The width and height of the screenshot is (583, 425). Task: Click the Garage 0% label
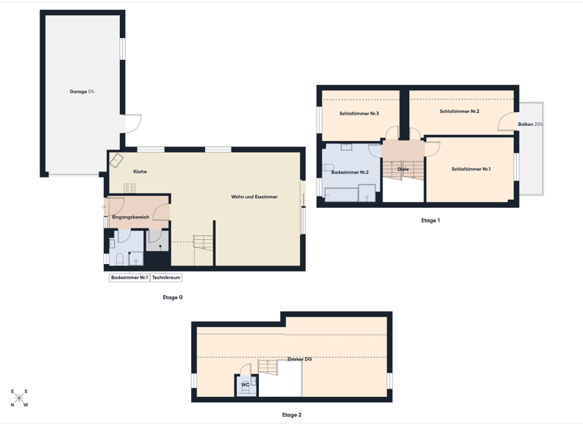point(82,91)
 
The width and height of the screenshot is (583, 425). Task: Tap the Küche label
point(140,172)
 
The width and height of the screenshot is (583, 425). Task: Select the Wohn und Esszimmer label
point(254,197)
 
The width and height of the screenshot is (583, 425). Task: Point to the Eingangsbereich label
point(131,217)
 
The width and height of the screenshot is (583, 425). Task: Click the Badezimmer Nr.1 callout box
point(129,278)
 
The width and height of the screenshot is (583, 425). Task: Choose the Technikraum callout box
point(166,278)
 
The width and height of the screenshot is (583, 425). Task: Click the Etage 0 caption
point(173,297)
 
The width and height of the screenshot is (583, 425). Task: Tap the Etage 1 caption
point(430,220)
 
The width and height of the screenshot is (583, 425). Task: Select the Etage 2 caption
point(291,415)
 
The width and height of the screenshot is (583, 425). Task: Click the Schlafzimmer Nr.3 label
point(359,114)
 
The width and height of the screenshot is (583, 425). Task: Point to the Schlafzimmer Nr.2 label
point(459,112)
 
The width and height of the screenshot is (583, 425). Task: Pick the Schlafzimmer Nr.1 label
point(471,169)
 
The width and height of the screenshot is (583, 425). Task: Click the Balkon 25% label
point(531,124)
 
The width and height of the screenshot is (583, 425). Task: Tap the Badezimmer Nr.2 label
point(350,172)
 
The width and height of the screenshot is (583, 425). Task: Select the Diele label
point(403,169)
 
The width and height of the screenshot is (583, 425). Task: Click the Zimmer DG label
point(299,359)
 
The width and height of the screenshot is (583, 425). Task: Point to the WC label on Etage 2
point(245,385)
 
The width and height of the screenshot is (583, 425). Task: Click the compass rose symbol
point(19,398)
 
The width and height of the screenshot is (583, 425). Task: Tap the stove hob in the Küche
point(130,187)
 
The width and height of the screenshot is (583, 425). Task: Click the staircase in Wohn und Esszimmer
point(204,244)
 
